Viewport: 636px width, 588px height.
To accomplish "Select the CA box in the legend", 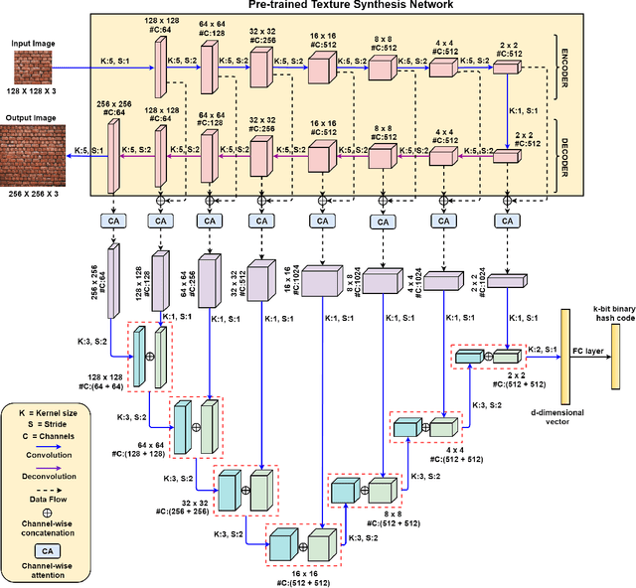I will [x=46, y=549].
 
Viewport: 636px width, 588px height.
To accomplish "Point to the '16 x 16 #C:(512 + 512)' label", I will [x=297, y=577].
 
